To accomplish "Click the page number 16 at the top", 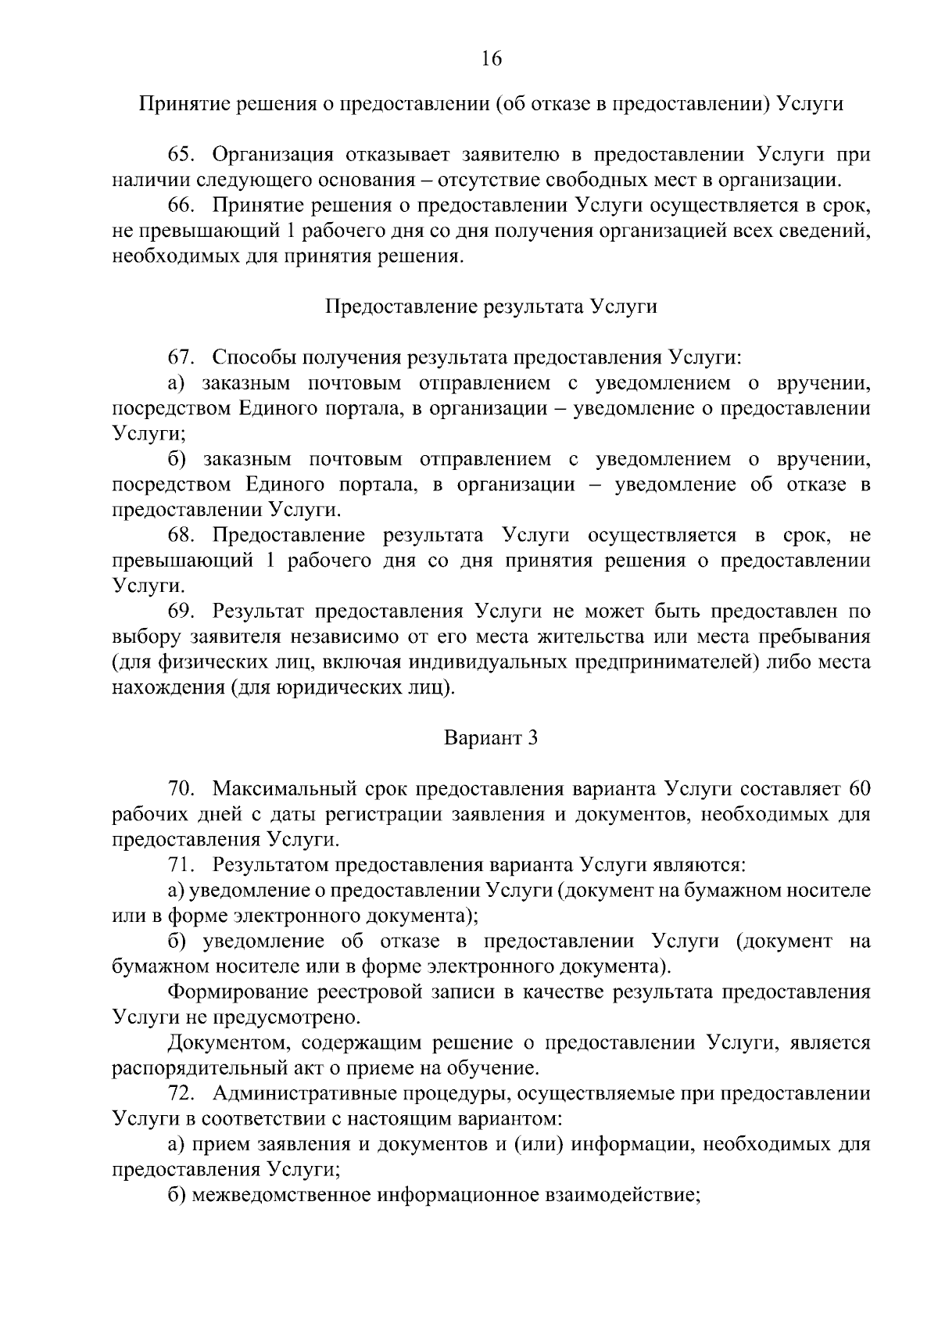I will (491, 59).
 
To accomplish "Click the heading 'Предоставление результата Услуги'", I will (491, 307).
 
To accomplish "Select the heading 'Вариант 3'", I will (491, 737).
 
